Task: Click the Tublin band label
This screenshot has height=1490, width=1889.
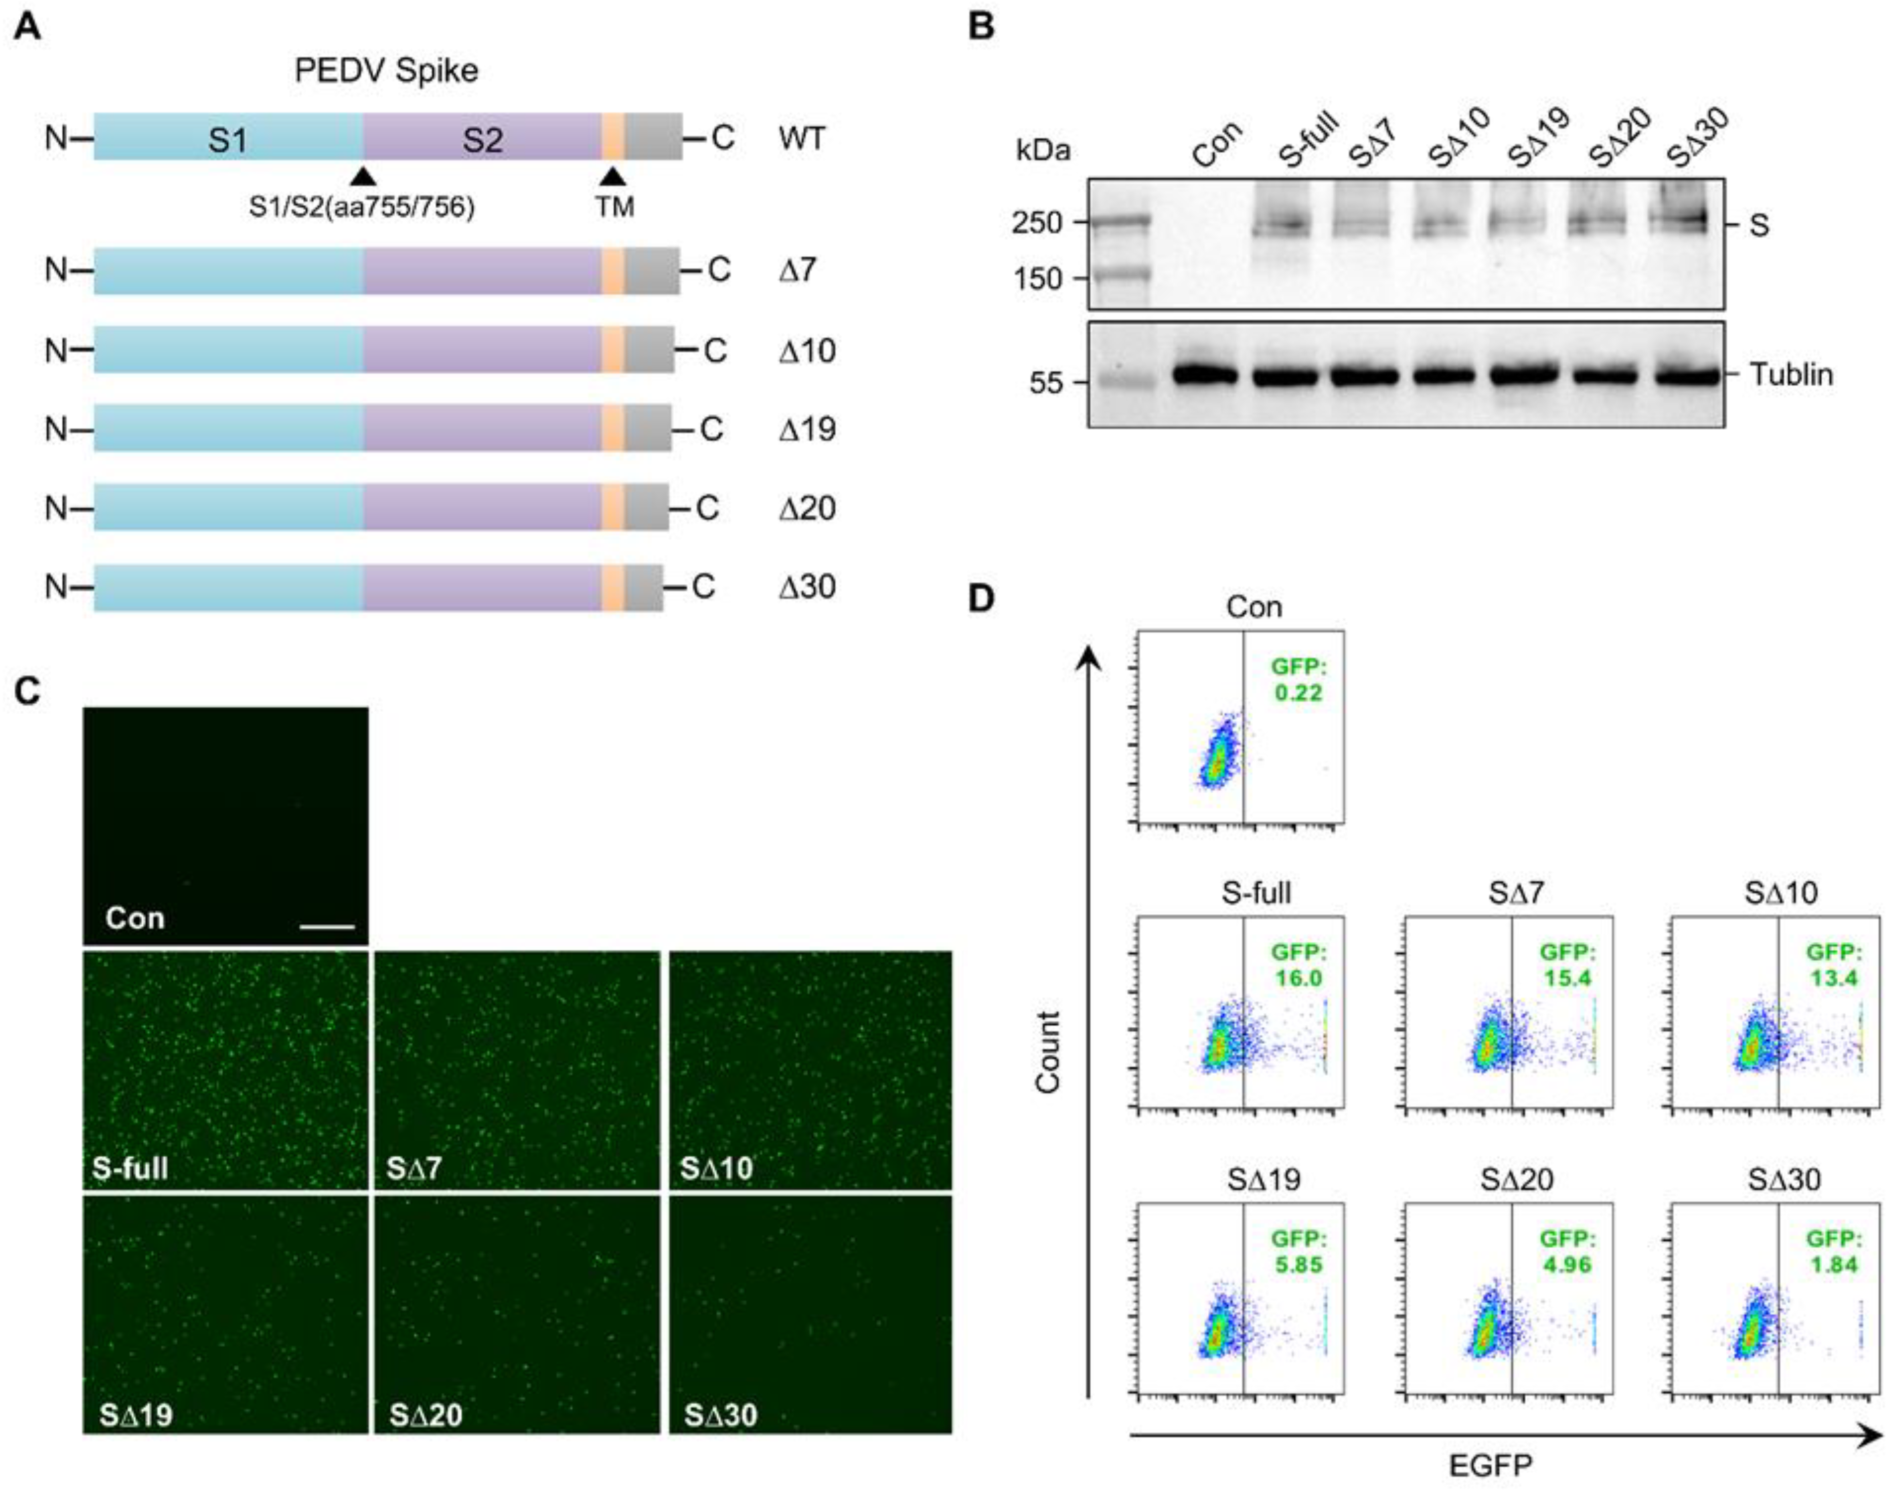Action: [1790, 375]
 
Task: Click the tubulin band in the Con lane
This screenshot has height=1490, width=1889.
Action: [1206, 376]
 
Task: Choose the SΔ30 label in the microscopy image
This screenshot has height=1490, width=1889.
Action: [721, 1414]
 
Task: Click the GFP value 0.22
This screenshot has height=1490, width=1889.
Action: [1298, 693]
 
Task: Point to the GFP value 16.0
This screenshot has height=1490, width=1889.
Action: [1298, 978]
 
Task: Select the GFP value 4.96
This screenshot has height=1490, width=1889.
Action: [1567, 1264]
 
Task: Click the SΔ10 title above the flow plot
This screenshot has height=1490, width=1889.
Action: [1782, 892]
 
